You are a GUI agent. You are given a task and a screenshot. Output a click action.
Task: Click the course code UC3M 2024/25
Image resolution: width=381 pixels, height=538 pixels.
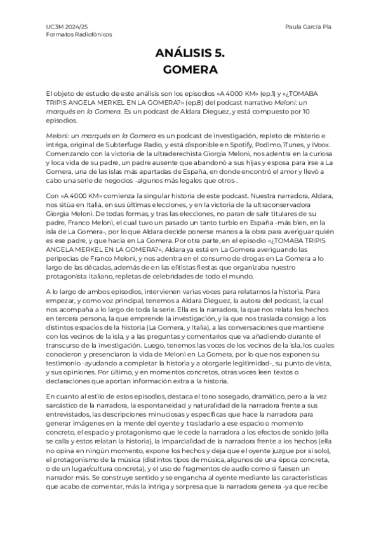click(62, 27)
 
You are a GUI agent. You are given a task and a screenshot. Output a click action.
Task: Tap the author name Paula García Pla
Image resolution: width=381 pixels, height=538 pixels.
click(311, 27)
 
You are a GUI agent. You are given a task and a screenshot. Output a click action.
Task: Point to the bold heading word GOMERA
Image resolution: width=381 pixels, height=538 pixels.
click(190, 69)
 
